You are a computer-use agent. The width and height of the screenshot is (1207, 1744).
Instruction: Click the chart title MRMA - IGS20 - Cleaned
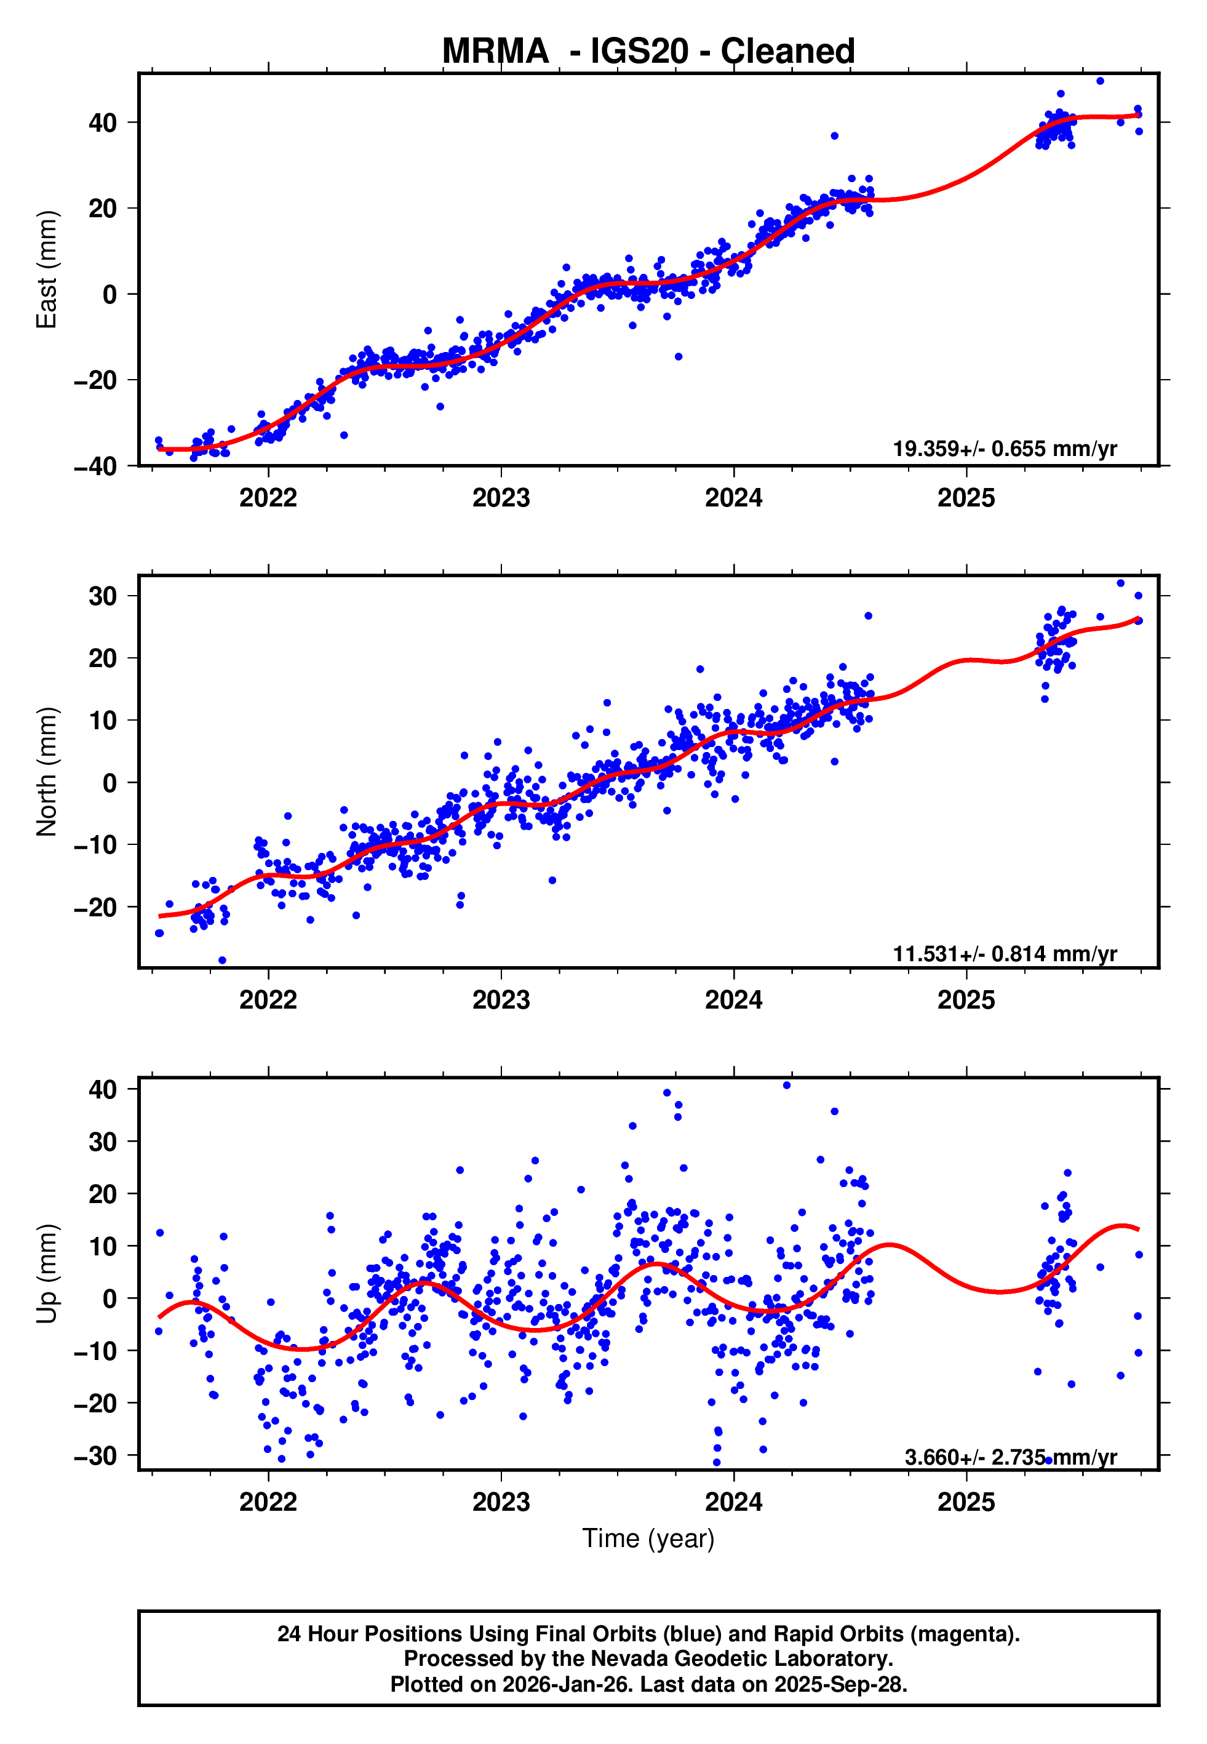point(648,52)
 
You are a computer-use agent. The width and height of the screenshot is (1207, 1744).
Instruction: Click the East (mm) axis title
point(47,270)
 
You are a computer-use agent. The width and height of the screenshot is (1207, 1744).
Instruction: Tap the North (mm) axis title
point(47,772)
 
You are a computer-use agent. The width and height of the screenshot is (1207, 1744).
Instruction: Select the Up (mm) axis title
point(47,1273)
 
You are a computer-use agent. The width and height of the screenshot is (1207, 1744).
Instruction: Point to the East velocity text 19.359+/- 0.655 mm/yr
point(1005,449)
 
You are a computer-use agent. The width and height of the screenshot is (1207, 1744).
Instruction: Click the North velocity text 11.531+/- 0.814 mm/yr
point(1005,954)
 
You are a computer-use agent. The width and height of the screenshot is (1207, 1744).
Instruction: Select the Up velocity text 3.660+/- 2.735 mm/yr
point(1010,1457)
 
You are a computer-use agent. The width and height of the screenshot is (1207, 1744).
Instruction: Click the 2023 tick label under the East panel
point(501,498)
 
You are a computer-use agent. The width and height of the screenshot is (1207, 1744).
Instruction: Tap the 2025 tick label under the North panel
point(966,1000)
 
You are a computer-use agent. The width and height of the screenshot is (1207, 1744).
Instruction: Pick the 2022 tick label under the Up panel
point(268,1502)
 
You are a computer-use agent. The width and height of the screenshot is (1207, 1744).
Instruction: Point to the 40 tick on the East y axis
point(103,122)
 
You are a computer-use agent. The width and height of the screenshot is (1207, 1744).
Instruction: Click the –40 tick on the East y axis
point(95,466)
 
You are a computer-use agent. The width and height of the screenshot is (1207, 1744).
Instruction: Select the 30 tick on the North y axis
point(103,596)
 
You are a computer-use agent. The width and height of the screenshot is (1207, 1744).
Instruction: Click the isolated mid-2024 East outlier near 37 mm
point(834,136)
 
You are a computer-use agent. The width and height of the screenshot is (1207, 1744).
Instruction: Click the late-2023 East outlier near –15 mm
point(679,356)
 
